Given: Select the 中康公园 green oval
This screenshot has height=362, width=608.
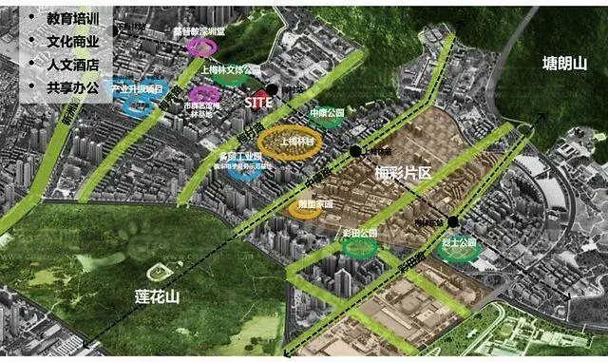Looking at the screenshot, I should tap(325, 116).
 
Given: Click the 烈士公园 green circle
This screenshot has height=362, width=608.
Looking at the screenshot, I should tap(460, 251).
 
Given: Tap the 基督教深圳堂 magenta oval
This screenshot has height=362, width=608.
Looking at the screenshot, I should tap(199, 45).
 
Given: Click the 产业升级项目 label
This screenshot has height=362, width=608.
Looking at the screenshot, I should tap(139, 88).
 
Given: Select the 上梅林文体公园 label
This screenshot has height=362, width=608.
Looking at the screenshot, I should tap(231, 70).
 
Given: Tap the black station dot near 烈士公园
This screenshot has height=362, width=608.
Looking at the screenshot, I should tap(454, 222).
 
